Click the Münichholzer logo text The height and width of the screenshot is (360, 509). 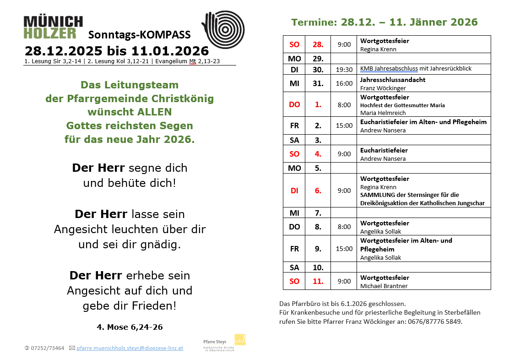[53, 27]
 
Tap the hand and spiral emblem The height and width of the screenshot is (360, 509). [223, 29]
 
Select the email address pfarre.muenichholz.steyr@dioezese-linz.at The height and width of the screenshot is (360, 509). [130, 348]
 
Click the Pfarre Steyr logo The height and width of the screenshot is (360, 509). [224, 342]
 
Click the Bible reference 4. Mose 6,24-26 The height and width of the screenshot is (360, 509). [130, 327]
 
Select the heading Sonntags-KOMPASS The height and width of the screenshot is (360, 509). [139, 35]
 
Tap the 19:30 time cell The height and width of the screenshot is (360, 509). [344, 69]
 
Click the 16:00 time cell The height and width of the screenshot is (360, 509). [344, 83]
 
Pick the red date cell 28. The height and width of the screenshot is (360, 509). [318, 44]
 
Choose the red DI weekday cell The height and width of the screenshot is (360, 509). [294, 191]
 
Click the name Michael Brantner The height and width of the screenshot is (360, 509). [384, 286]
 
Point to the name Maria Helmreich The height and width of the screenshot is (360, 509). [383, 113]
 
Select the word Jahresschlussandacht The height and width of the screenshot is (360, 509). [393, 80]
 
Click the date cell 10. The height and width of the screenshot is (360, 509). [318, 267]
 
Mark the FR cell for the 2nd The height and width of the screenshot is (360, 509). [294, 125]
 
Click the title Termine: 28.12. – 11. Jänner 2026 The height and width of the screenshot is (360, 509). [384, 22]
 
